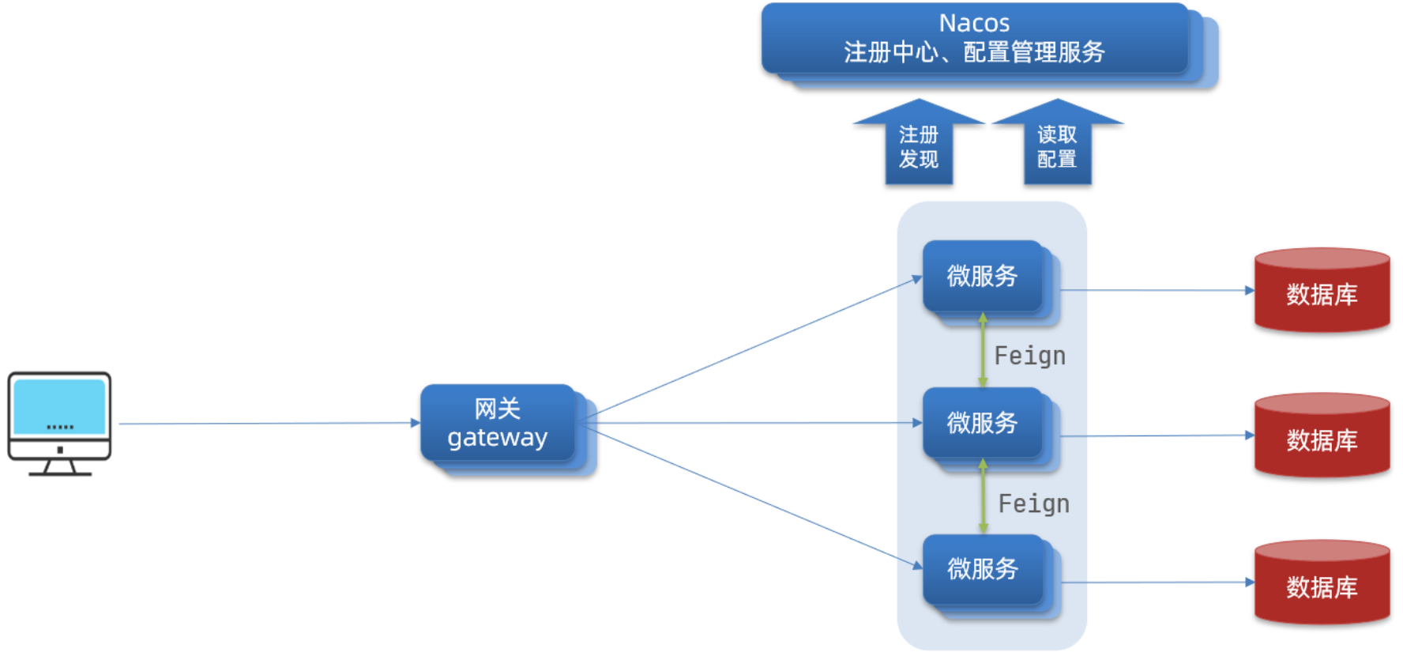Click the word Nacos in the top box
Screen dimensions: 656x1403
pyautogui.click(x=973, y=23)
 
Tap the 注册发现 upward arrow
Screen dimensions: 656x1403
pyautogui.click(x=918, y=145)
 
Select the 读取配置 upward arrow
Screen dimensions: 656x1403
pyautogui.click(x=1056, y=145)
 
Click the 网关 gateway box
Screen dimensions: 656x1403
pyautogui.click(x=498, y=423)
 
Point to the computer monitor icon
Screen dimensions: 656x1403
pyautogui.click(x=59, y=423)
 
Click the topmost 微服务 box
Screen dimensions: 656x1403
pyautogui.click(x=982, y=276)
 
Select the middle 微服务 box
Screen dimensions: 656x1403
pyautogui.click(x=982, y=423)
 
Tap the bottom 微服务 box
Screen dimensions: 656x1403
pyautogui.click(x=982, y=569)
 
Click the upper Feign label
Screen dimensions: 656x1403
pyautogui.click(x=1029, y=356)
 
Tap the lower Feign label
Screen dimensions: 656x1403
pyautogui.click(x=1033, y=503)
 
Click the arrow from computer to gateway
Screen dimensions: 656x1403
pyautogui.click(x=269, y=424)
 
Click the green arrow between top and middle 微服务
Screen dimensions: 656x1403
pyautogui.click(x=983, y=349)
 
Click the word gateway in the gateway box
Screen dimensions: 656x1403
pyautogui.click(x=498, y=437)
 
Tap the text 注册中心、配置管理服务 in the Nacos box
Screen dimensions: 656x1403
pyautogui.click(x=973, y=52)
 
